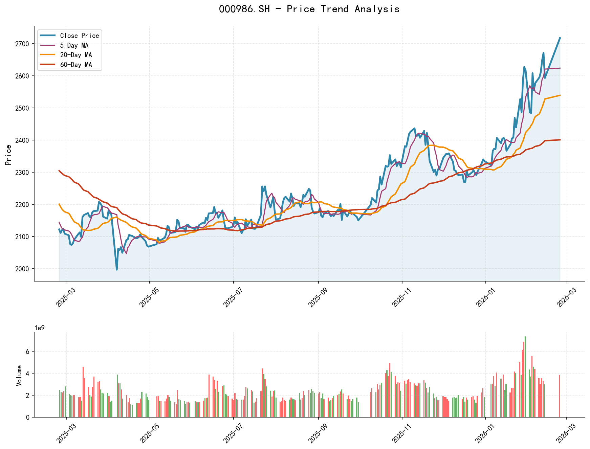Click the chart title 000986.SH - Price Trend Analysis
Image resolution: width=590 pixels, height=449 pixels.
(309, 9)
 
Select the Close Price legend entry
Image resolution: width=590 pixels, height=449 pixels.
(79, 36)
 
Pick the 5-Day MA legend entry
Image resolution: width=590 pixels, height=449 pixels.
(74, 45)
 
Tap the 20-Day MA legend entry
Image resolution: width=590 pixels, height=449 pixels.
(76, 55)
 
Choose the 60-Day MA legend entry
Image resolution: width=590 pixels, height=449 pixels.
(76, 65)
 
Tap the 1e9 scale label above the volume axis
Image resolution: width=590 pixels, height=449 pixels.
(40, 328)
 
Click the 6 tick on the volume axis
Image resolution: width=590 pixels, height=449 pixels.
(28, 351)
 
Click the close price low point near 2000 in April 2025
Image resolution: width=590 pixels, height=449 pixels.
(117, 269)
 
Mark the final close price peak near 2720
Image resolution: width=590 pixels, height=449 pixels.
(560, 38)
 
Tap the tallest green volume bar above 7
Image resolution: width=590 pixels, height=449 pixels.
(525, 376)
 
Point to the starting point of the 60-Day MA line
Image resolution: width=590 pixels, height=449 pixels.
(59, 171)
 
